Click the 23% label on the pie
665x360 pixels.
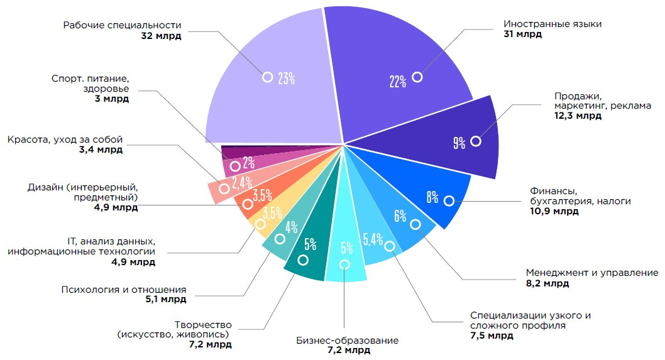click(x=287, y=78)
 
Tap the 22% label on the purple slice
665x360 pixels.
click(x=397, y=81)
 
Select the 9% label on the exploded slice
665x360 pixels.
click(x=459, y=143)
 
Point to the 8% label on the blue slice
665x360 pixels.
click(x=432, y=197)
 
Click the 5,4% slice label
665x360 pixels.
click(x=373, y=238)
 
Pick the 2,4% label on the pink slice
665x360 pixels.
click(x=242, y=183)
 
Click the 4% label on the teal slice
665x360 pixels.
click(x=291, y=227)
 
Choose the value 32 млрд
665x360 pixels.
click(x=162, y=36)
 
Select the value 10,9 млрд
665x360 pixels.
click(x=554, y=211)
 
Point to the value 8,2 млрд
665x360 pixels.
click(x=547, y=283)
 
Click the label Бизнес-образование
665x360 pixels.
click(x=347, y=341)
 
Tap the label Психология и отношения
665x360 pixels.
click(x=124, y=290)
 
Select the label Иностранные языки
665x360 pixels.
click(x=552, y=24)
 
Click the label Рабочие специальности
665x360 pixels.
click(x=122, y=25)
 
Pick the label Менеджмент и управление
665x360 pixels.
click(x=591, y=273)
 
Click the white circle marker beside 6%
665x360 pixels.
click(x=415, y=224)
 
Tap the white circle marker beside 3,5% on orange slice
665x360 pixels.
click(x=248, y=205)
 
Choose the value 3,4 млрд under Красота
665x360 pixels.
click(x=102, y=150)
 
